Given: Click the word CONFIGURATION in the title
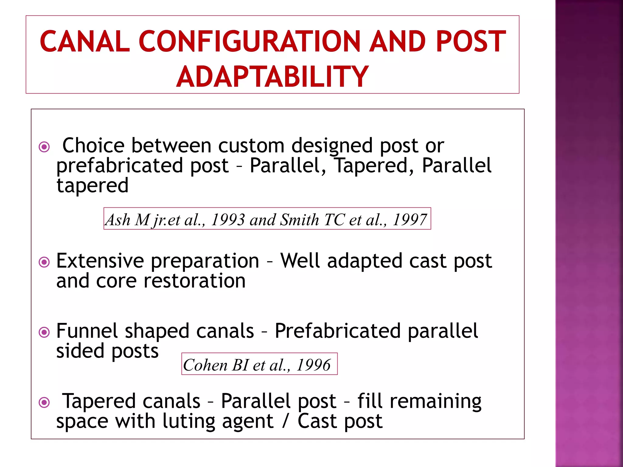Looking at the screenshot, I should (249, 42).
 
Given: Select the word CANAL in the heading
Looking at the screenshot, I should (85, 42).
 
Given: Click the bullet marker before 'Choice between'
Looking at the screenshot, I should (44, 147).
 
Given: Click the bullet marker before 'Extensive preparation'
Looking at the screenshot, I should (44, 262).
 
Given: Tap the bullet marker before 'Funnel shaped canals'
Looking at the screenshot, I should (44, 332).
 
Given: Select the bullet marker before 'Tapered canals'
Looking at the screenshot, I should (44, 403).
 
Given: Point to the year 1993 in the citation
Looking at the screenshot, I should (228, 220).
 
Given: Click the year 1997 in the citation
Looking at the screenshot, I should (410, 220).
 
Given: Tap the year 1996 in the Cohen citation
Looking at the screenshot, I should (313, 365).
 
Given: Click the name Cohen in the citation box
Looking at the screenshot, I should (205, 365).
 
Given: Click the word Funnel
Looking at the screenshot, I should (87, 331).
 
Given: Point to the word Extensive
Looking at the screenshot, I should (100, 261).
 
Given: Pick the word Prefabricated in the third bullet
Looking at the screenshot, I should (337, 331).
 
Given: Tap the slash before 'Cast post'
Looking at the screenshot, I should (285, 421).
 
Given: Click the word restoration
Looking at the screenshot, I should (194, 281).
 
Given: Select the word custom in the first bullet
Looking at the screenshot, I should (251, 146).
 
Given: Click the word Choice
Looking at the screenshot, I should (93, 146).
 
